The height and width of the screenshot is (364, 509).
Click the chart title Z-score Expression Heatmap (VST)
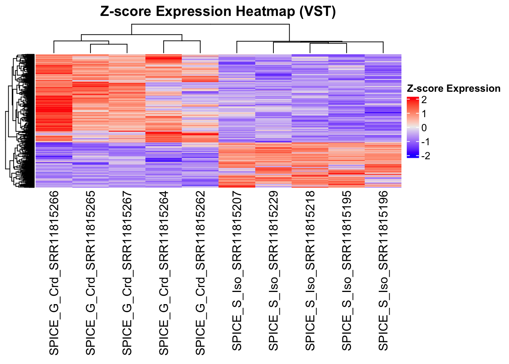coord(218,12)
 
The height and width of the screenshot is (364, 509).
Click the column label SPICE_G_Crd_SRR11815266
coord(54,273)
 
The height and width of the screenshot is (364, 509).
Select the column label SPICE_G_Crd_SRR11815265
coord(91,273)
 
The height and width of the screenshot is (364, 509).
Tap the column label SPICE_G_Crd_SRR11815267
coord(128,273)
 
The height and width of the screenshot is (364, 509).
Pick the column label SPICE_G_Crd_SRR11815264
coord(164,273)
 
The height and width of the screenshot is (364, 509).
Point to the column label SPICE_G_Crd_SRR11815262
coord(201,273)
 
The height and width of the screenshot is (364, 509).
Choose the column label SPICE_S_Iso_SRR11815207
coord(237,271)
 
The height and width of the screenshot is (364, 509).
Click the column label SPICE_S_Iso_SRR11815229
coord(274,271)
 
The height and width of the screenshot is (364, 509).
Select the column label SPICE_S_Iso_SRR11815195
coord(347,271)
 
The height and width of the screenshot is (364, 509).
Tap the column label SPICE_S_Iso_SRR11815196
coord(384,271)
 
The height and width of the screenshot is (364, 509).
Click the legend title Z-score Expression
coord(453,89)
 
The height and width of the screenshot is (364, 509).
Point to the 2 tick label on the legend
coord(424,100)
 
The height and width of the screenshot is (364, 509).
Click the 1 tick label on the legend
coord(424,114)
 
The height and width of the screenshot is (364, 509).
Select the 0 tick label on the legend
coord(424,128)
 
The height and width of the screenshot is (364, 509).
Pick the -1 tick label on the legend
coord(425,142)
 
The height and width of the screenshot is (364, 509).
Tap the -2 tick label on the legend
coord(425,156)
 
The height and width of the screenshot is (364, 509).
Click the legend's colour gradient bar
coord(412,127)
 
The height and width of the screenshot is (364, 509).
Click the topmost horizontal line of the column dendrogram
coord(210,24)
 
